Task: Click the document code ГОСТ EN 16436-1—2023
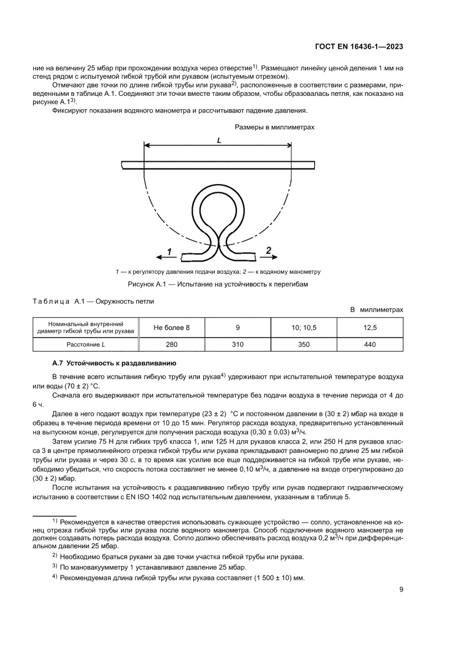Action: tap(358, 47)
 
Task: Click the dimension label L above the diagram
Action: tap(219, 141)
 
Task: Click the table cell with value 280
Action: tap(172, 344)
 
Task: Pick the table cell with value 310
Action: tap(238, 344)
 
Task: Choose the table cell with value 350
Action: tap(303, 344)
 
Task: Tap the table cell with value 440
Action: tap(370, 344)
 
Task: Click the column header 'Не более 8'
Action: tap(172, 328)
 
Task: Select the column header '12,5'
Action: tap(370, 328)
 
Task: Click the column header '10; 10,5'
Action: tap(303, 328)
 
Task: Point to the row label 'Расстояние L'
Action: tap(85, 344)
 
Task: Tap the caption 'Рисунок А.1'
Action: tap(217, 284)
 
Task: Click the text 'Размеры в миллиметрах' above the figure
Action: tap(274, 127)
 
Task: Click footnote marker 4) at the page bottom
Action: tap(55, 576)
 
